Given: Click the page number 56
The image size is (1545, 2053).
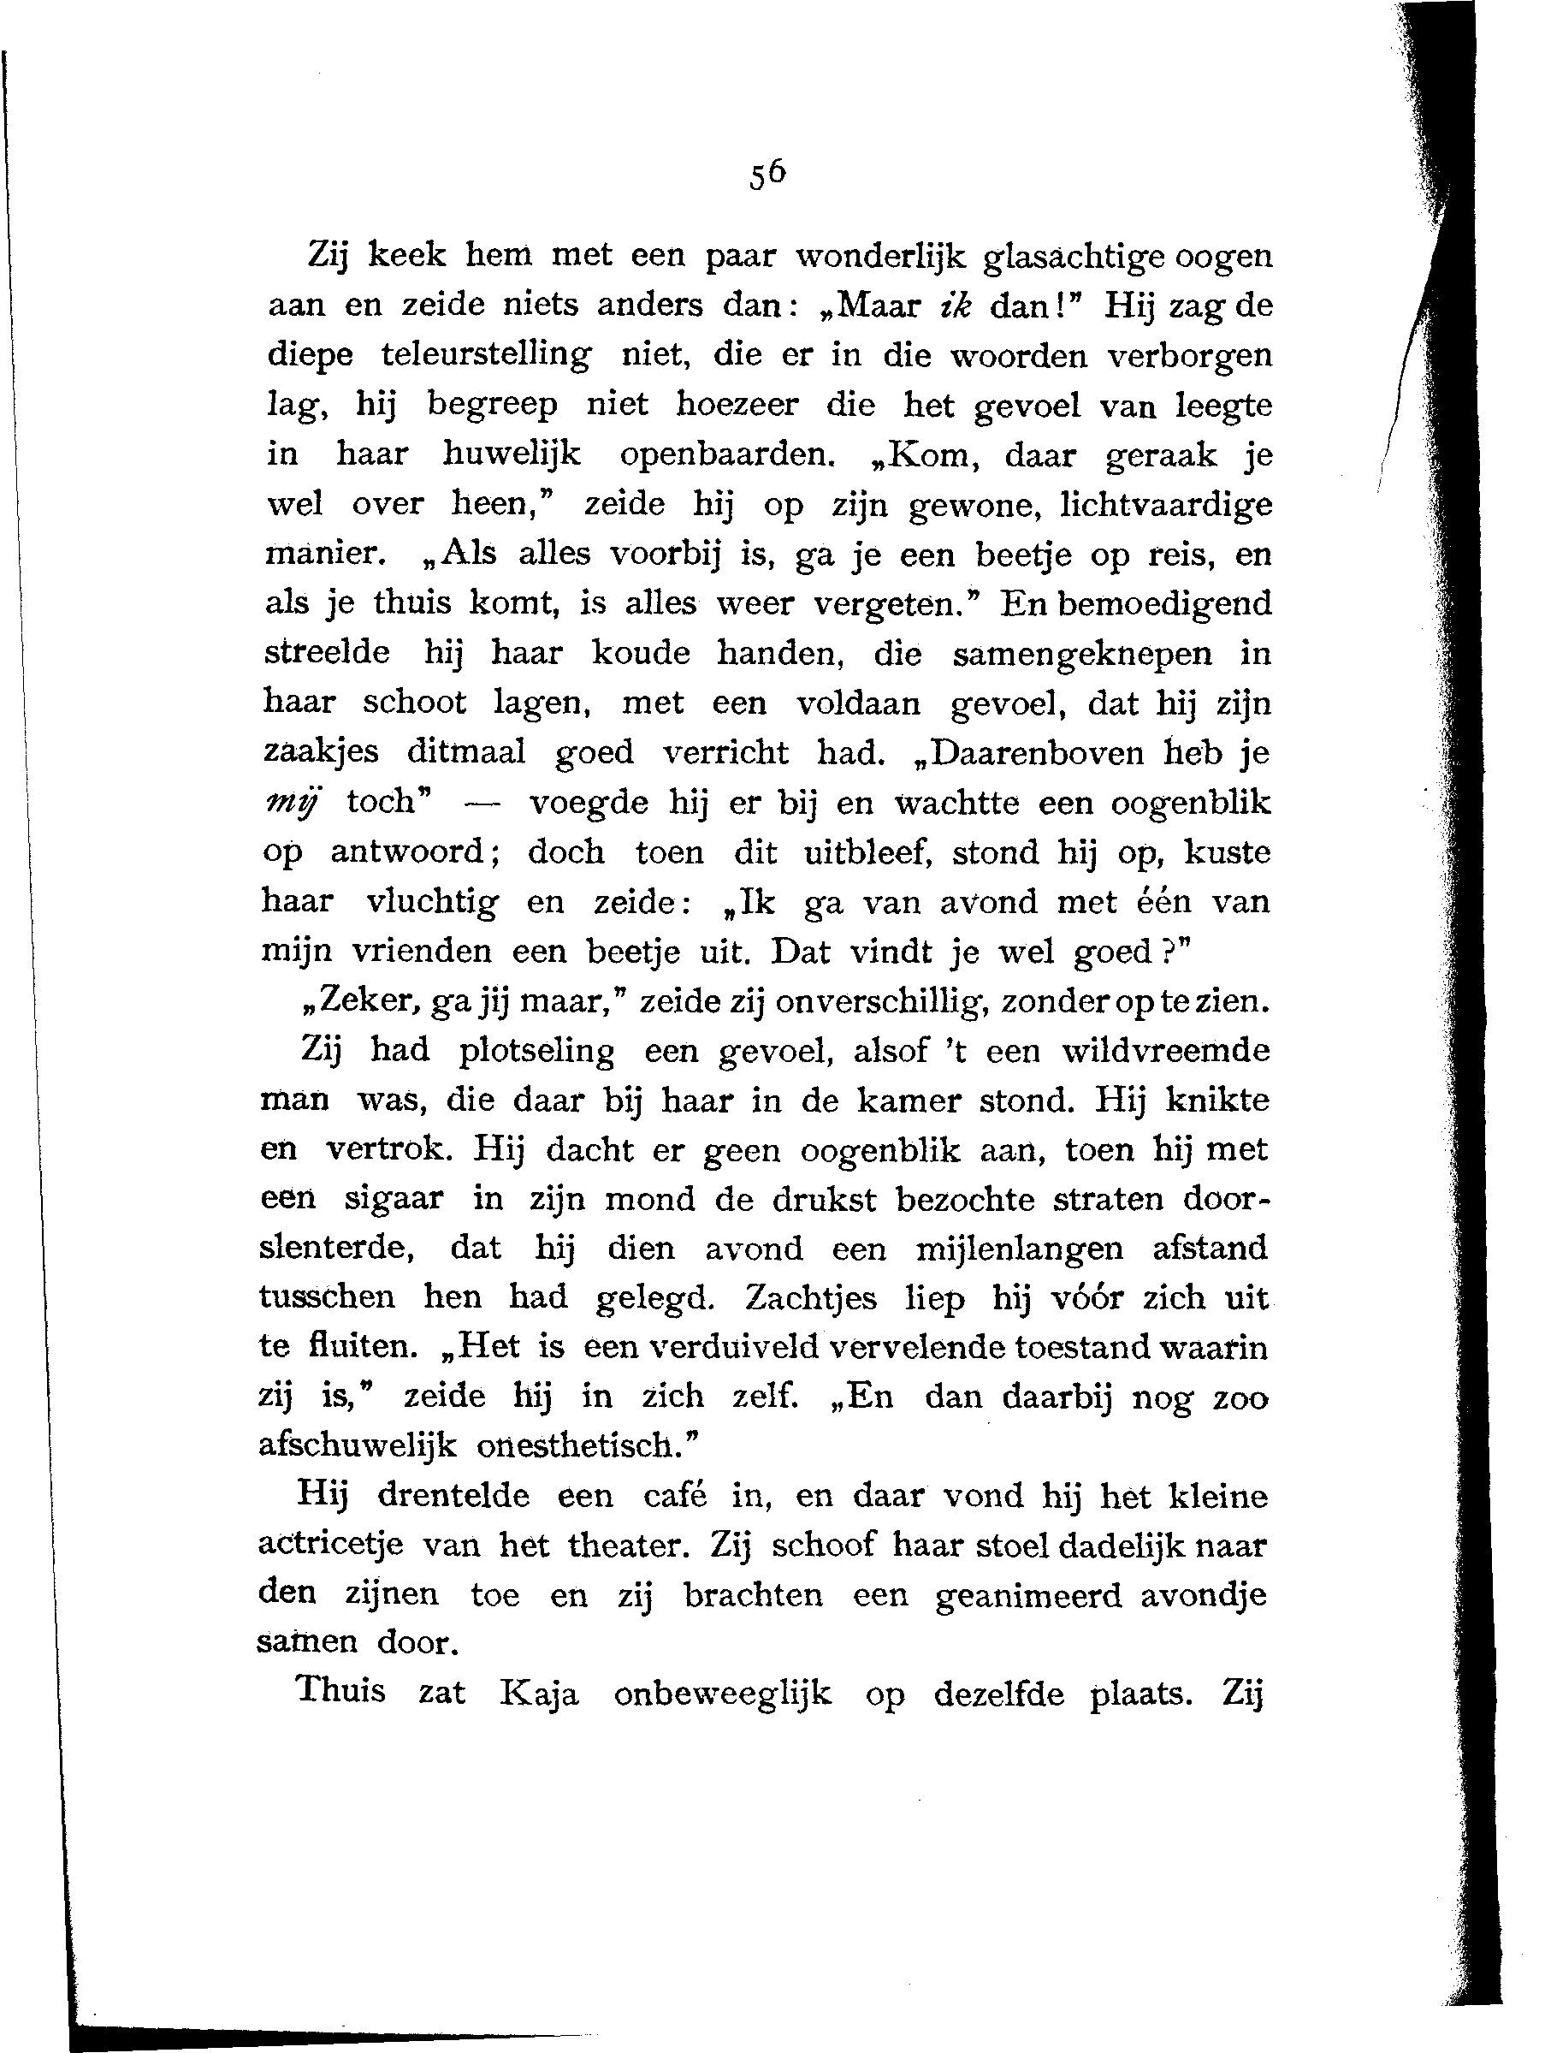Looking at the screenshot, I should click(x=767, y=175).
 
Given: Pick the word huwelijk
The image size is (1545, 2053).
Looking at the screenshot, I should click(x=512, y=454).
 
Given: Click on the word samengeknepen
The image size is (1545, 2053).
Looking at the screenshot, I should click(x=1082, y=655).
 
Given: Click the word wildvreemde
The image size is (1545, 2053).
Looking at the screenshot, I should click(x=1165, y=1051).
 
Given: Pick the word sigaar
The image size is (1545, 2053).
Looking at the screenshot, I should click(x=394, y=1200).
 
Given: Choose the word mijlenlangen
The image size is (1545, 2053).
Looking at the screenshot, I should click(x=1019, y=1249).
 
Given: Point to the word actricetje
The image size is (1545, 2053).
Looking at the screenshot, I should click(x=330, y=1546).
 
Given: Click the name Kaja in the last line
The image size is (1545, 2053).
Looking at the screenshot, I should click(x=539, y=1694).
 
